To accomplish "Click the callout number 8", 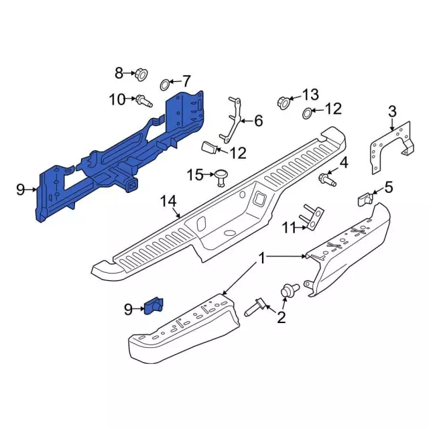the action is coord(119,73).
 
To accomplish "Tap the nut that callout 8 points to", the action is coord(141,74).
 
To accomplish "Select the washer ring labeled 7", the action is coord(165,84).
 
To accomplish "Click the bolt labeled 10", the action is coord(144,101).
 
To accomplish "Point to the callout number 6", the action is coord(258,121).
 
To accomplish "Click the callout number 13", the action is coord(310,95).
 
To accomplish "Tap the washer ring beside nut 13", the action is coord(308,113).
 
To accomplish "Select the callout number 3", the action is coord(392,112).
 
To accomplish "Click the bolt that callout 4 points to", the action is coord(327,180).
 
